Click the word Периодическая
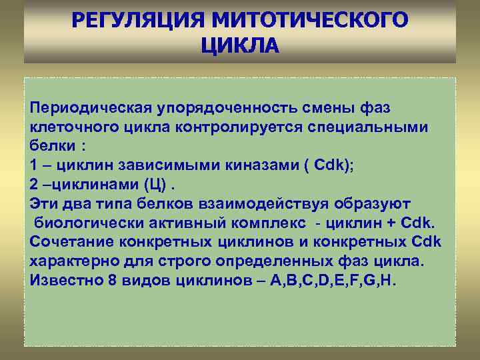pos(91,107)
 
